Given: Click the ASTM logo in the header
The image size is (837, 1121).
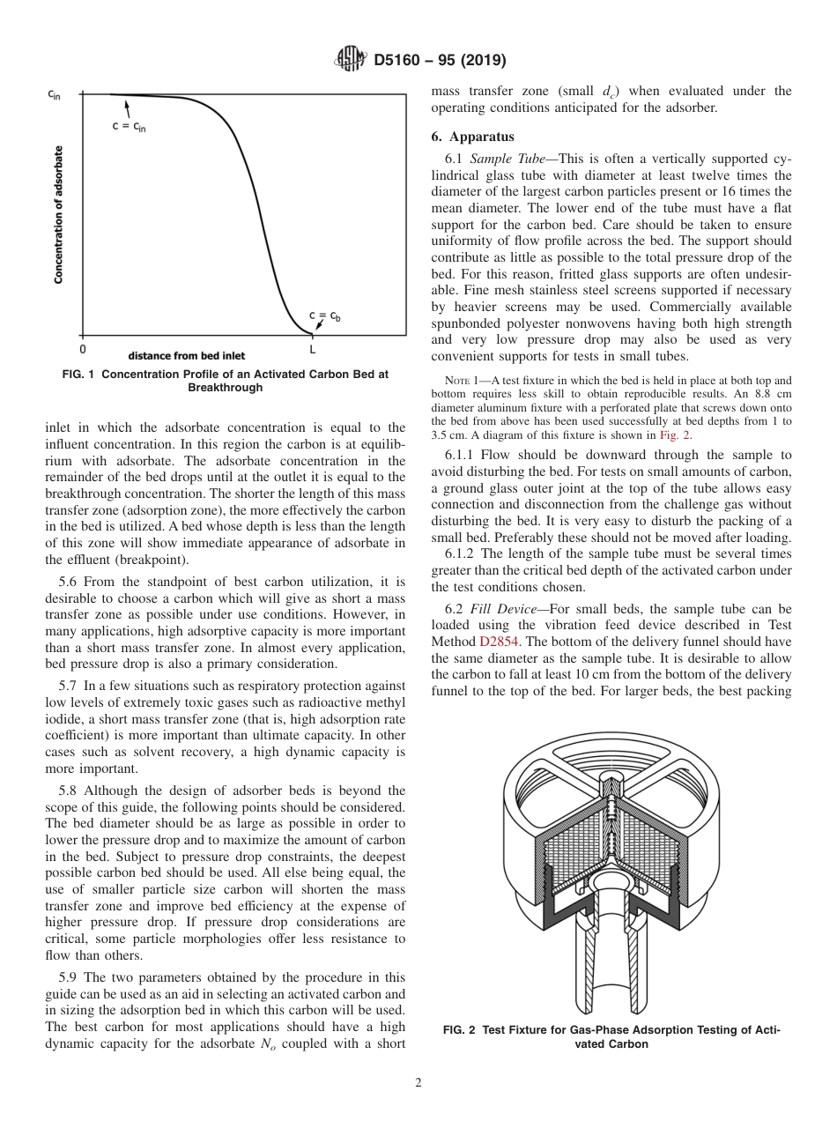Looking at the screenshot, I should point(352,60).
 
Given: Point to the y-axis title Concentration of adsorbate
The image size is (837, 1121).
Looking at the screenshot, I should point(59,214).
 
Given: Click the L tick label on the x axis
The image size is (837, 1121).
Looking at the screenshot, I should point(313,350).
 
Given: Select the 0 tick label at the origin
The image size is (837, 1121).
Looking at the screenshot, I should point(83,350).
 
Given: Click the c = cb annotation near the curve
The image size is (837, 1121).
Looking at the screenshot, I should point(324,316).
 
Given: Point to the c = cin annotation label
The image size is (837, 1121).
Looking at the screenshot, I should point(129,126).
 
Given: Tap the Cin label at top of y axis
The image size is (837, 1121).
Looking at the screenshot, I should point(54,94).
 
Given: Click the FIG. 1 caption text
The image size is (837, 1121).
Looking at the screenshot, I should point(226,380).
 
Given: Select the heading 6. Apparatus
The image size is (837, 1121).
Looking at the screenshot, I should point(472,137).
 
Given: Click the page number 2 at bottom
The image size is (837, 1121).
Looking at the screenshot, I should point(418,1083).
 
